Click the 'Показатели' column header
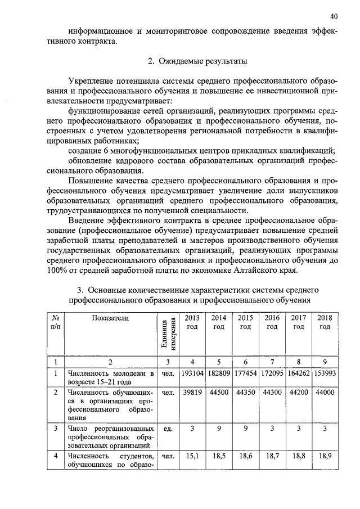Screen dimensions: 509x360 pos(110,318)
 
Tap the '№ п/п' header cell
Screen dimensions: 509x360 pos(56,322)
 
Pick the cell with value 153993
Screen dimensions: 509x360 pos(325,373)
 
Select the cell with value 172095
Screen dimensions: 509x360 pos(272,373)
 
